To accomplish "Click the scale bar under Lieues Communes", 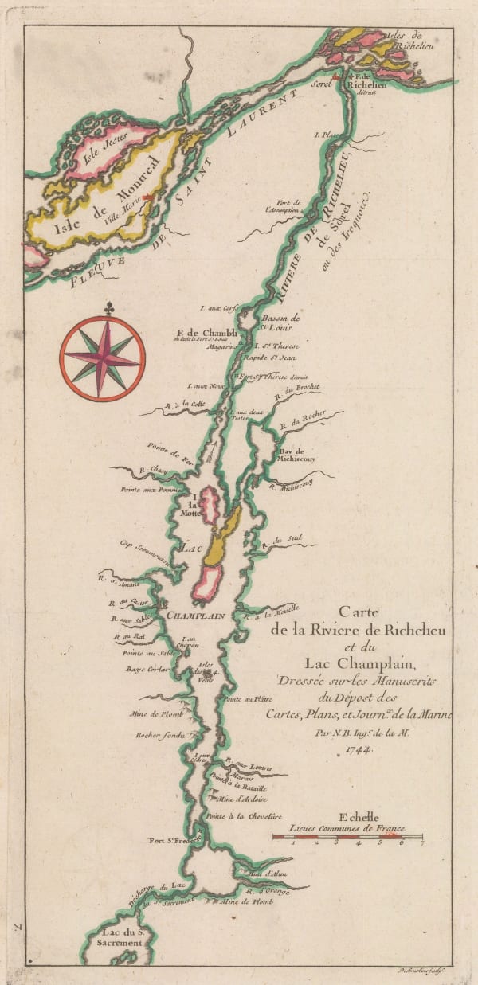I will click(x=347, y=835).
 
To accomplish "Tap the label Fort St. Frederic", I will click(x=173, y=839).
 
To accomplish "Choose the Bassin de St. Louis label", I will click(x=280, y=320).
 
